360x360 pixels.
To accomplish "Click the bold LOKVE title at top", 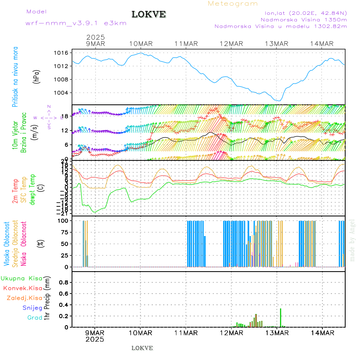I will click(x=149, y=14).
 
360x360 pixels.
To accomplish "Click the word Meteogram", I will click(x=233, y=4).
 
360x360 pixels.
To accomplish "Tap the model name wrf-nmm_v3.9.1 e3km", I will click(x=76, y=23).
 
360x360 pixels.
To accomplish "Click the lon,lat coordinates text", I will click(x=303, y=13).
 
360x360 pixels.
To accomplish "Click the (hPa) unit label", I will click(x=37, y=76).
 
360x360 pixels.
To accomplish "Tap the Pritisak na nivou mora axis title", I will click(x=15, y=77).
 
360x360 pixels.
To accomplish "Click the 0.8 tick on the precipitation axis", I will click(x=64, y=282).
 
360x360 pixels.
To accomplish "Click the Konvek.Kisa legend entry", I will click(x=22, y=288).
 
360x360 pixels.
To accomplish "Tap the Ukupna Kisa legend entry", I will click(x=22, y=278).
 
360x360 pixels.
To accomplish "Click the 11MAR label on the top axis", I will click(x=186, y=44).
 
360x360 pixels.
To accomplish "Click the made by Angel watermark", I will click(x=352, y=240).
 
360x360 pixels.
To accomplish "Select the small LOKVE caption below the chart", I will click(x=142, y=348).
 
